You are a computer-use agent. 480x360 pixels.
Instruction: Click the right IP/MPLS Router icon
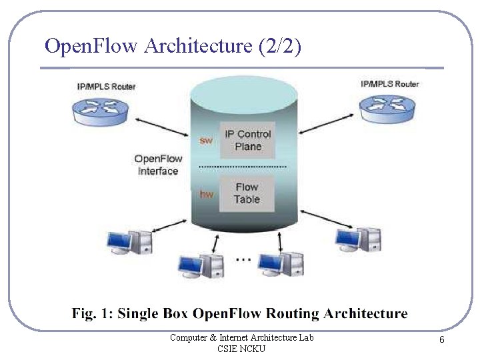(387, 105)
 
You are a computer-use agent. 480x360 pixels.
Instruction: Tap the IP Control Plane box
(247, 140)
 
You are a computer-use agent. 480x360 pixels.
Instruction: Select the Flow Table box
(247, 193)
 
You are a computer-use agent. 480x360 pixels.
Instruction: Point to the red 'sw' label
(207, 141)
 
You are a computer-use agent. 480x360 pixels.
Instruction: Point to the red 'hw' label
(207, 194)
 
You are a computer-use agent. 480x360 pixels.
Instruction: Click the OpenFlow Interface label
(158, 165)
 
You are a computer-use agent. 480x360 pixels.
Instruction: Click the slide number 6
(441, 340)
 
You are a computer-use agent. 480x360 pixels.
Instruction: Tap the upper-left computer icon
(130, 241)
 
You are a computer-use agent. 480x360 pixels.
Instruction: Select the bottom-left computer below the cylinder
(200, 265)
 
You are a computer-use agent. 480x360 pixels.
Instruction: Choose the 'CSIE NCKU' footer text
(241, 349)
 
